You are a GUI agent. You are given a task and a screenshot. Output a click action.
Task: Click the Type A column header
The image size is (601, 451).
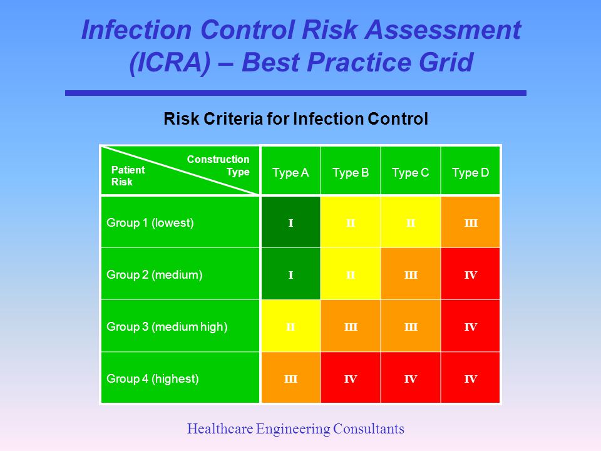(x=290, y=172)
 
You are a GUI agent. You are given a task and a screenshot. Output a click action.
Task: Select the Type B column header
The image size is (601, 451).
(x=351, y=172)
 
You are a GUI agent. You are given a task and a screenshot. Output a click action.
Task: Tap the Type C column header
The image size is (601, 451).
(x=411, y=172)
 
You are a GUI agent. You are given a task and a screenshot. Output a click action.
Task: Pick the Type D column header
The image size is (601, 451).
(x=470, y=172)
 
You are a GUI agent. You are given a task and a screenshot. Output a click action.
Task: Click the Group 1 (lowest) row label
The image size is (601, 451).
(x=150, y=222)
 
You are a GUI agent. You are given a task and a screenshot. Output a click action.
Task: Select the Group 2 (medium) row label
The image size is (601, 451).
(x=155, y=274)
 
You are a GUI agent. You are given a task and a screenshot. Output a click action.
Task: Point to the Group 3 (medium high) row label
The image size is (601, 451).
(x=167, y=326)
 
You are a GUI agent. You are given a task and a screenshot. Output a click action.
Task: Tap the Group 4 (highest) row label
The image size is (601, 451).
(x=153, y=378)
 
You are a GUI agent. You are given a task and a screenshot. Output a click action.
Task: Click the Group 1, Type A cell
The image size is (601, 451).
(x=290, y=222)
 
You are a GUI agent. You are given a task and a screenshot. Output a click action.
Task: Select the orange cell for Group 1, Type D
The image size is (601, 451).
(x=471, y=222)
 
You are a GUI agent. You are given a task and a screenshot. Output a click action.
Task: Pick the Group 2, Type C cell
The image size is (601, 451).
(x=411, y=274)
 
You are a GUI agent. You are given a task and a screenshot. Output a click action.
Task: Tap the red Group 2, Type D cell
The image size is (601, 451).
(x=471, y=274)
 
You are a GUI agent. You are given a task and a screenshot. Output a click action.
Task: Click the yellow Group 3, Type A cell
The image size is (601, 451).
(x=290, y=326)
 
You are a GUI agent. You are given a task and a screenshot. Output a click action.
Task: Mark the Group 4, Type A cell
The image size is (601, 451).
(x=290, y=378)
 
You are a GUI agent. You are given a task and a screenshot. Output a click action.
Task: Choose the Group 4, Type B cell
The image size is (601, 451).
(x=351, y=378)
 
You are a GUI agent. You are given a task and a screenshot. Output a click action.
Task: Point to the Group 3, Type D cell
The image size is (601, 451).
(x=471, y=326)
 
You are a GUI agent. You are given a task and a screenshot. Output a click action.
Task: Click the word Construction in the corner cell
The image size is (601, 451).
(x=218, y=160)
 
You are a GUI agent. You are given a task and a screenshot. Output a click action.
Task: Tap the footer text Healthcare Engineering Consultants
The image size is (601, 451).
(x=296, y=429)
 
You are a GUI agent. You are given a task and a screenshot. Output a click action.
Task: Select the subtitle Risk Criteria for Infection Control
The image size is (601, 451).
(x=295, y=119)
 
